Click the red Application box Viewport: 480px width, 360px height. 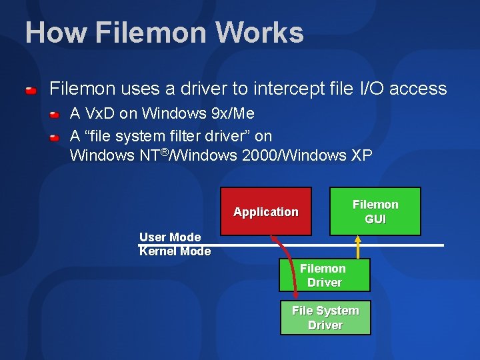tap(266, 212)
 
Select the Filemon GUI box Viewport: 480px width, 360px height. tap(375, 211)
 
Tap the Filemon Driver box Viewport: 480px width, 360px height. tap(324, 275)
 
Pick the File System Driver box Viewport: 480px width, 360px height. tap(325, 318)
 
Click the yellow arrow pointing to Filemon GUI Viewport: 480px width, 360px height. tap(358, 247)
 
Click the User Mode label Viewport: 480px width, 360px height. tap(170, 237)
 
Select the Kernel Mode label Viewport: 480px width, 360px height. tap(175, 251)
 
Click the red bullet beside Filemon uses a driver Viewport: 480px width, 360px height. tap(31, 89)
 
